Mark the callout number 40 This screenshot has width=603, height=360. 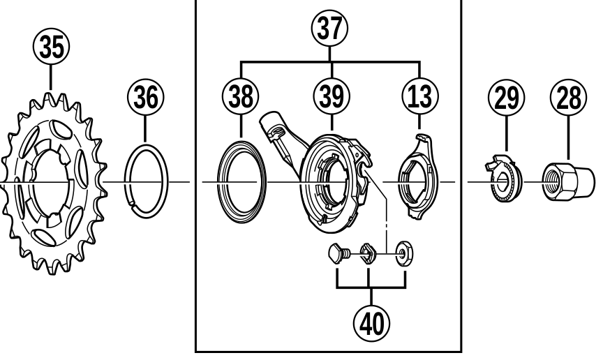click(x=371, y=322)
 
